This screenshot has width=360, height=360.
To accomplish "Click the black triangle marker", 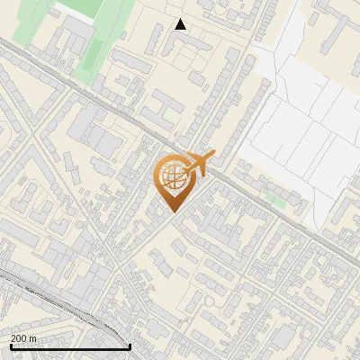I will (180, 24).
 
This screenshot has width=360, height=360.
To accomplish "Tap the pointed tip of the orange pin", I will (173, 211).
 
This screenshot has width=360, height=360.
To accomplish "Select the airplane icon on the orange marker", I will (199, 163).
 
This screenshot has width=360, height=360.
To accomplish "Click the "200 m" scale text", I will (23, 338).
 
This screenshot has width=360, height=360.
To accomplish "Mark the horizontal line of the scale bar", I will (70, 346).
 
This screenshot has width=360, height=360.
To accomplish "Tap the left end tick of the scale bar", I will (10, 345).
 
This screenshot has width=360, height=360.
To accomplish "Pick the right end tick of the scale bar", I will (130, 345).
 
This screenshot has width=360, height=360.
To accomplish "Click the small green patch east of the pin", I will (280, 203).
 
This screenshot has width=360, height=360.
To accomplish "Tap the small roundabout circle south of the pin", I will (209, 300).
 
